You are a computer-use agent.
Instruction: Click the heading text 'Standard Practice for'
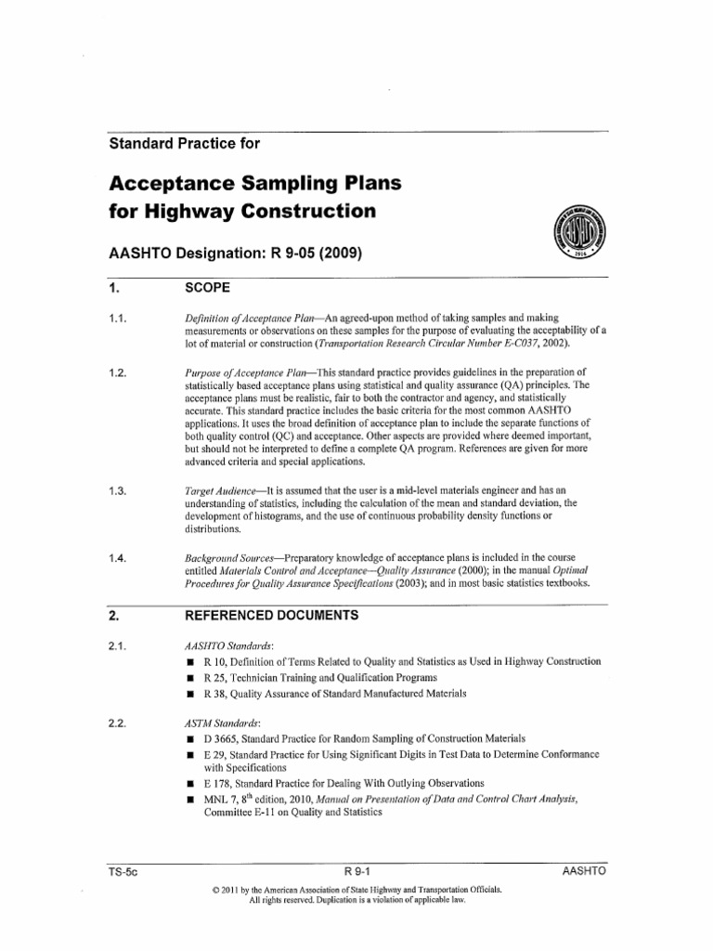point(185,144)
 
